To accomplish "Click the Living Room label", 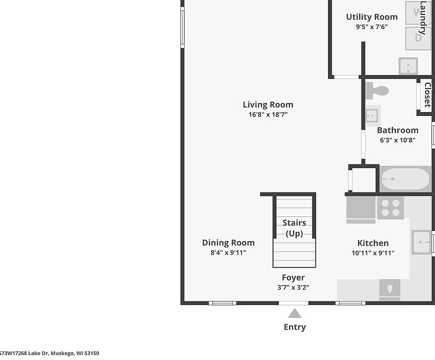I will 268,104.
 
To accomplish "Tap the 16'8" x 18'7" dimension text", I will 268,114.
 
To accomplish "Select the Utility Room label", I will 371,17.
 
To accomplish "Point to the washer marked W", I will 418,12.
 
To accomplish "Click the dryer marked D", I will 418,38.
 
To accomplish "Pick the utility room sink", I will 408,66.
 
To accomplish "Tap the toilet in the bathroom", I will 377,91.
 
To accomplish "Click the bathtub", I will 405,178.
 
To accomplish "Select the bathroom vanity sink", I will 372,116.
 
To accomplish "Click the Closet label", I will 427,95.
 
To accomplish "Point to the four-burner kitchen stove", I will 390,207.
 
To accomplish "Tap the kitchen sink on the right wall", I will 421,242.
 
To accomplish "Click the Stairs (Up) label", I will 294,228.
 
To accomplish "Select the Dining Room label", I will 228,242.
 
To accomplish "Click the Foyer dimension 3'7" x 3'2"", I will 293,287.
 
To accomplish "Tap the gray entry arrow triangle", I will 294,313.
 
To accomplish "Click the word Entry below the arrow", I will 294,327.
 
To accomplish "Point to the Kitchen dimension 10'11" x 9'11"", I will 372,253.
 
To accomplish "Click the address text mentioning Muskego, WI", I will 49,353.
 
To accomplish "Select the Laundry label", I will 423,18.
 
